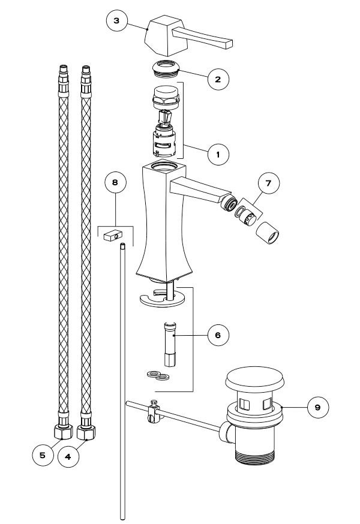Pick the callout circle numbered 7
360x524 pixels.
pos(269,183)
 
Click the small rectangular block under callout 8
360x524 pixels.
pos(113,236)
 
